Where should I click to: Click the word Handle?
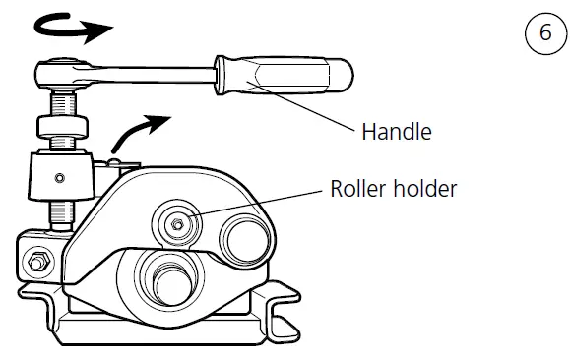(396, 131)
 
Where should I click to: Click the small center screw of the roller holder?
(176, 225)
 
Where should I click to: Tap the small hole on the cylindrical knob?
(59, 178)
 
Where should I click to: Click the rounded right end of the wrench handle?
(346, 72)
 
